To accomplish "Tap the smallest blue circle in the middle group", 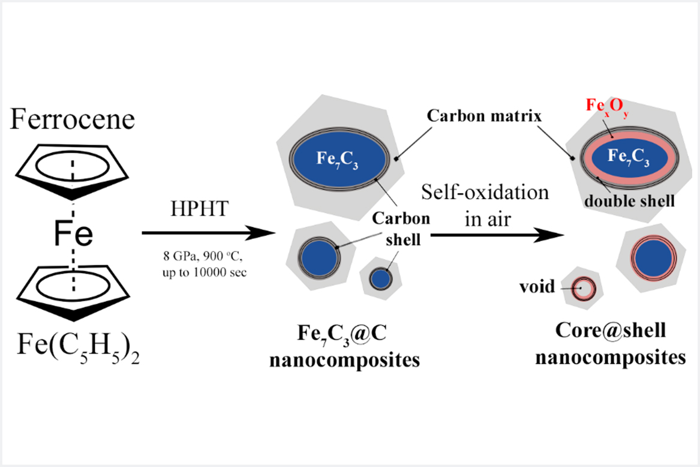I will coord(380,278).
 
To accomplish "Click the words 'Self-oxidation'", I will coord(485,193).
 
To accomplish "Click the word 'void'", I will coord(537,286).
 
